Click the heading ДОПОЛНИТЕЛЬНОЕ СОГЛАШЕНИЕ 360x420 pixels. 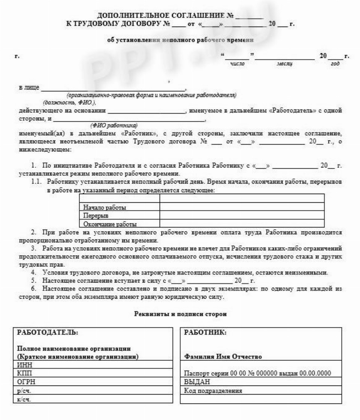click(x=166, y=16)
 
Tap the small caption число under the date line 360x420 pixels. click(x=237, y=64)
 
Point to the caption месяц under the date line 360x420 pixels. click(x=284, y=64)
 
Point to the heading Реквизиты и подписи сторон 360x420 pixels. click(x=180, y=314)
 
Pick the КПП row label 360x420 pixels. click(x=25, y=374)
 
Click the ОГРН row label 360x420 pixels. click(x=26, y=382)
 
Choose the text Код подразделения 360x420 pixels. click(x=213, y=391)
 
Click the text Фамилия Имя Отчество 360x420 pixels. click(x=223, y=357)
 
